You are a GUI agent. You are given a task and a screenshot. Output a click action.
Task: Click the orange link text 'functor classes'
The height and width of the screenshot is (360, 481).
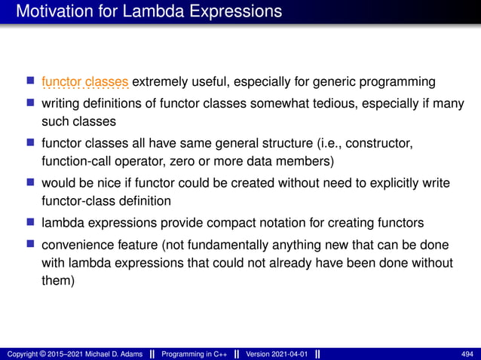click(x=86, y=81)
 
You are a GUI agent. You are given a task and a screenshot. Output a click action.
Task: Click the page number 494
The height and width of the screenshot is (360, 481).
click(x=468, y=354)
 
